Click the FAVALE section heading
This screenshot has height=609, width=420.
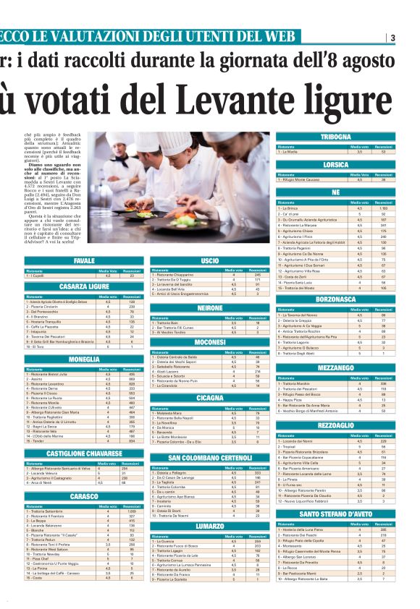coord(83,260)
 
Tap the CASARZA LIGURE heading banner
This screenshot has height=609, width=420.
coord(83,286)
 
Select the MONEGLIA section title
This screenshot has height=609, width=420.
coord(83,359)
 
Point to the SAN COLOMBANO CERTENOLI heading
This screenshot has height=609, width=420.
coord(209,459)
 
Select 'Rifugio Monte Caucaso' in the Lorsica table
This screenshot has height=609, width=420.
coord(298,180)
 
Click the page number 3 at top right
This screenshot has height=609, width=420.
coord(392,38)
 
